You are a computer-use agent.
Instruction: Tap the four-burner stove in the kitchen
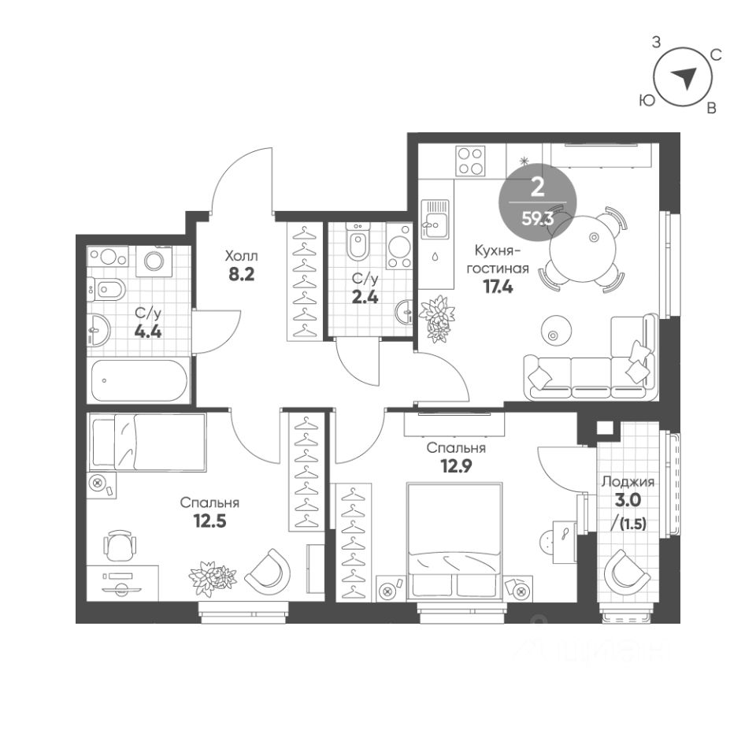click(x=470, y=161)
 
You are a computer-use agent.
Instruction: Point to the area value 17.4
click(x=498, y=287)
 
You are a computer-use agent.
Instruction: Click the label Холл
click(x=242, y=255)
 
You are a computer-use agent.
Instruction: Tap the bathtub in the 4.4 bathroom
click(x=139, y=381)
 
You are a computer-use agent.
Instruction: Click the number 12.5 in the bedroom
click(x=209, y=521)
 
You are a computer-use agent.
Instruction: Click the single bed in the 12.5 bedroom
click(x=147, y=442)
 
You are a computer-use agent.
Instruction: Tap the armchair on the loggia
click(x=628, y=573)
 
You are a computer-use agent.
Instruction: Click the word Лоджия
click(x=628, y=482)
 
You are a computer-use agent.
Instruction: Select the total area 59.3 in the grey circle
click(x=538, y=220)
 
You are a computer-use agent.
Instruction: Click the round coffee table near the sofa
click(x=557, y=331)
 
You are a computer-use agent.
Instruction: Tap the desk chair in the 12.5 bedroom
click(x=119, y=545)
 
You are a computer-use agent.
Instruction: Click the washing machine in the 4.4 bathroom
click(x=154, y=261)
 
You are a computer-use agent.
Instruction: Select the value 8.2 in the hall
click(x=241, y=275)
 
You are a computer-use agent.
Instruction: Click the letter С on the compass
click(x=717, y=55)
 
